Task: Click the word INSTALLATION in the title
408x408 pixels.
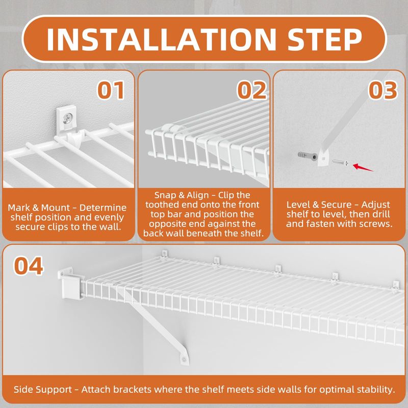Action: pos(161,39)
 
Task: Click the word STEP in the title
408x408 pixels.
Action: pos(325,39)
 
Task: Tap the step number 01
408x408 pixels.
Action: pos(111,90)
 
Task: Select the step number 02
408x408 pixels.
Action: pos(252,90)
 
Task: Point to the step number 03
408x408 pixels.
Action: pos(383,90)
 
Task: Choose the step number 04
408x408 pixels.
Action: pos(29,266)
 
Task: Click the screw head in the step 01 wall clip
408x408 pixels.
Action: pos(67,118)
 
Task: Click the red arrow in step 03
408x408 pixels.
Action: pos(363,168)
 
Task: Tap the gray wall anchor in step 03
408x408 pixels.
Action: pos(308,156)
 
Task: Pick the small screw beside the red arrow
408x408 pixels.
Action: pos(340,163)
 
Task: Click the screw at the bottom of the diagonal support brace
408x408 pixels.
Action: pos(184,360)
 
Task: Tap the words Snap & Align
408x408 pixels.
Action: pos(182,195)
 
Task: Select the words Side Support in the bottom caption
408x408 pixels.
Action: pos(43,390)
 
